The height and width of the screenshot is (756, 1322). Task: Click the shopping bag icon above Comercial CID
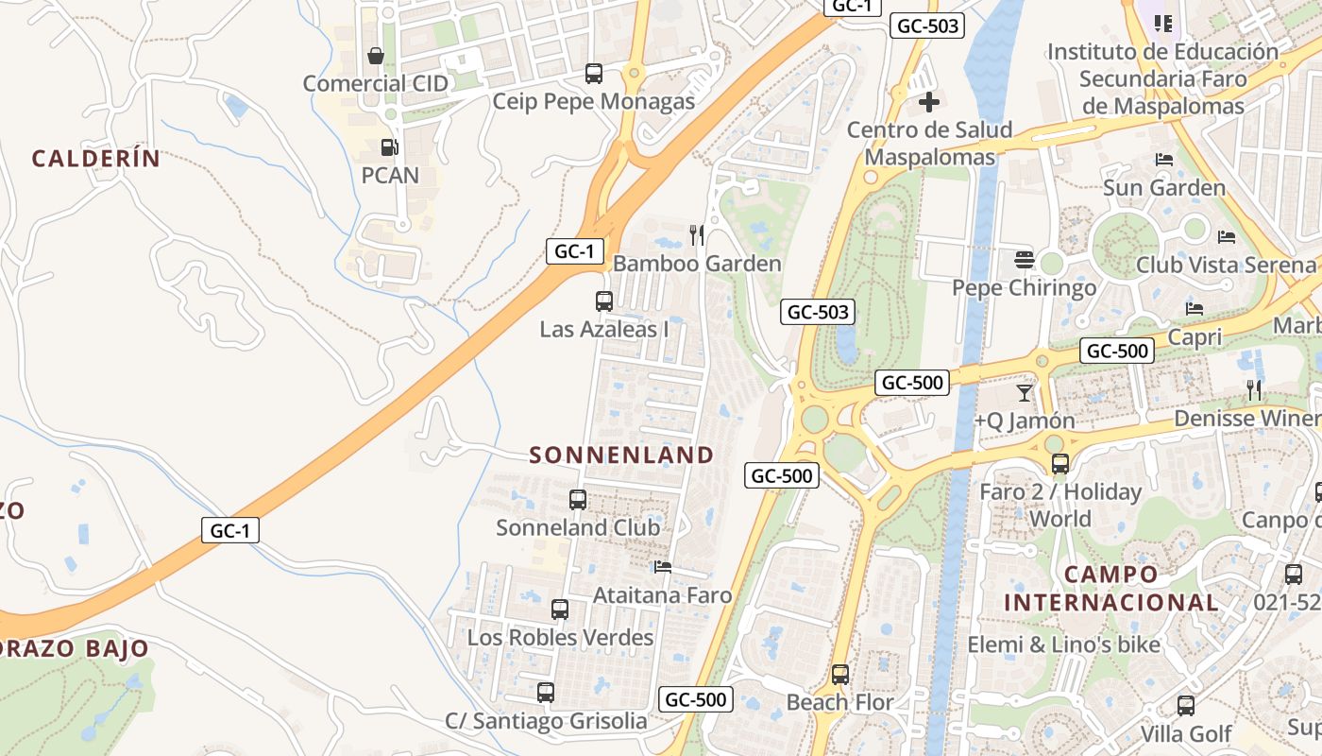376,56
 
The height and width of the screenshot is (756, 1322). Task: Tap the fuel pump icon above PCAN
388,147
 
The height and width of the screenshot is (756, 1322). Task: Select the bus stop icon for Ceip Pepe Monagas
594,74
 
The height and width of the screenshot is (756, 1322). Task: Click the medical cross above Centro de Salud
929,102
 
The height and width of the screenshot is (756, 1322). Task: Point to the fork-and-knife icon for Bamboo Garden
697,235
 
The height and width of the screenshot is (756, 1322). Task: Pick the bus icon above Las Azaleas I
604,301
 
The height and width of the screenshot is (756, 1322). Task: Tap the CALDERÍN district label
96,159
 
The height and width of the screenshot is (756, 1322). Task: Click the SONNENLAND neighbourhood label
621,455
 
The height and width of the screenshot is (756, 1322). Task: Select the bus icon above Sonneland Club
578,500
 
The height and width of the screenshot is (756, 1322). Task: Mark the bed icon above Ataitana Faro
663,567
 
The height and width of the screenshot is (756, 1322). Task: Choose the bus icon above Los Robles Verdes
560,610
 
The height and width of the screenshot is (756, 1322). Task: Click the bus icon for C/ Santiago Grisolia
546,693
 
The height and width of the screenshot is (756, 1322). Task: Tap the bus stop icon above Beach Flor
840,675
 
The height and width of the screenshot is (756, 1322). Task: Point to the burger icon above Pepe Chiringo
1025,259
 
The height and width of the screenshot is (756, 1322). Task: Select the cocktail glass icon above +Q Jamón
1025,392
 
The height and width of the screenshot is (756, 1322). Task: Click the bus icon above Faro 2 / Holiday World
1060,464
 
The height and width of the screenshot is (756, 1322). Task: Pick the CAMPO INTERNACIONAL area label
1111,588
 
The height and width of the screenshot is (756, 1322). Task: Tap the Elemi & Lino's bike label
1063,644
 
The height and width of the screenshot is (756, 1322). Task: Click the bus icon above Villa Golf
1186,705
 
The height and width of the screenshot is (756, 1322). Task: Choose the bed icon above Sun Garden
1164,160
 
